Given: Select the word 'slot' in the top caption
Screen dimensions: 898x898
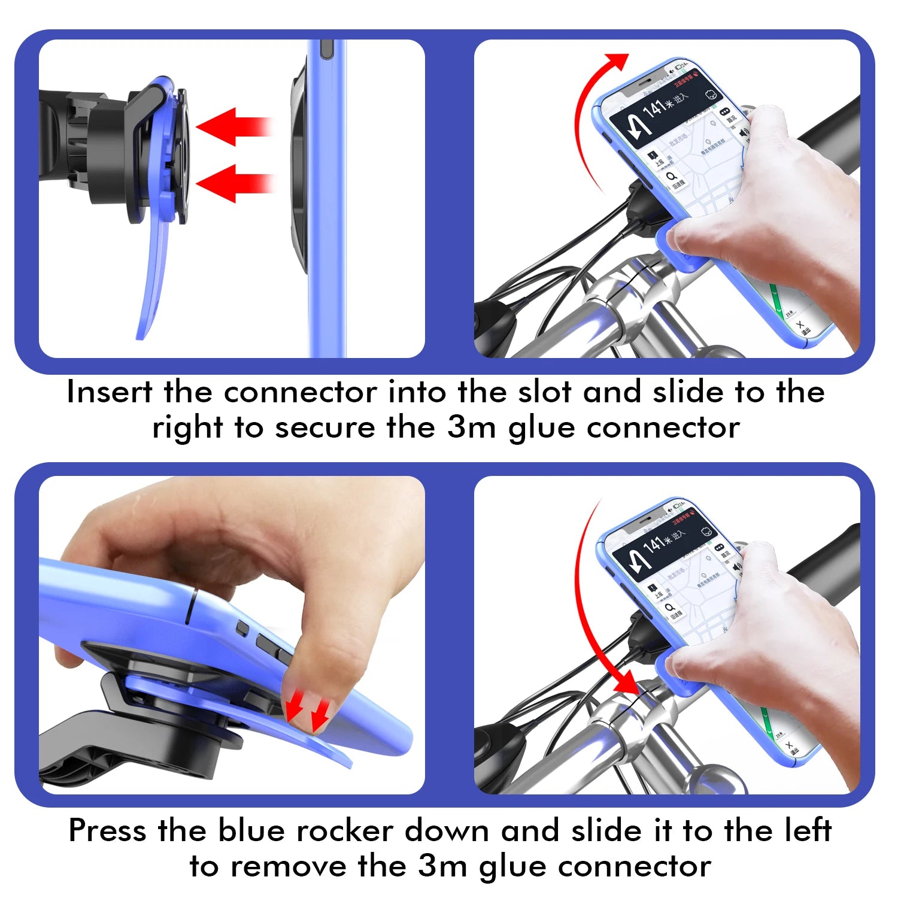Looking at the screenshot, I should point(544,393).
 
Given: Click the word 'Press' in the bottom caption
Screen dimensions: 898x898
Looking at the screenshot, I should point(107,831).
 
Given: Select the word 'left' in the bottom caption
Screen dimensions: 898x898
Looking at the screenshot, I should point(806,831).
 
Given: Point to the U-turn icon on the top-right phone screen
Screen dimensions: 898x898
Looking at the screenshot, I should point(636,126).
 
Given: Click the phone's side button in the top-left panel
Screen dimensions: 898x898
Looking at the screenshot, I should point(326,50).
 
